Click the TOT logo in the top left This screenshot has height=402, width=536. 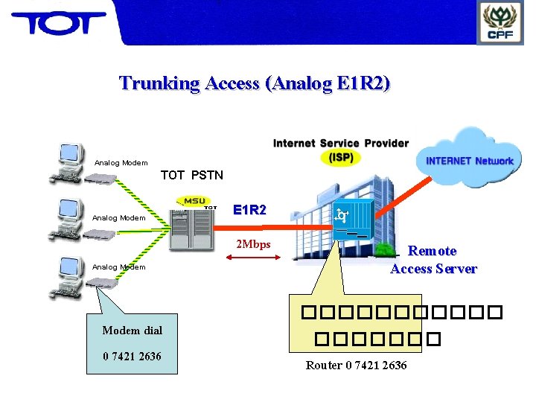click(58, 23)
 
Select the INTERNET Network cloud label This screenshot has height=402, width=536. click(469, 161)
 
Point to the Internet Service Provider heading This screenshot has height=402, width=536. click(340, 143)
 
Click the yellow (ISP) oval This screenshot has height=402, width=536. click(341, 157)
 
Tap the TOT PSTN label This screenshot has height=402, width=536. click(191, 176)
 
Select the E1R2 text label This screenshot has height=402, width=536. click(249, 210)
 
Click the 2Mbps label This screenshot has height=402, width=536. click(253, 244)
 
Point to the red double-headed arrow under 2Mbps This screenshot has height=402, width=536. click(251, 258)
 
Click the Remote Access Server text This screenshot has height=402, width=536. click(433, 260)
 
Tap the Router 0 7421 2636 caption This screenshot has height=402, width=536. click(356, 365)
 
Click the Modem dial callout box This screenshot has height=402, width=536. click(132, 342)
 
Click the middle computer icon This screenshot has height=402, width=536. click(68, 216)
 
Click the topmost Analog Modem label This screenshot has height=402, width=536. click(121, 163)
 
